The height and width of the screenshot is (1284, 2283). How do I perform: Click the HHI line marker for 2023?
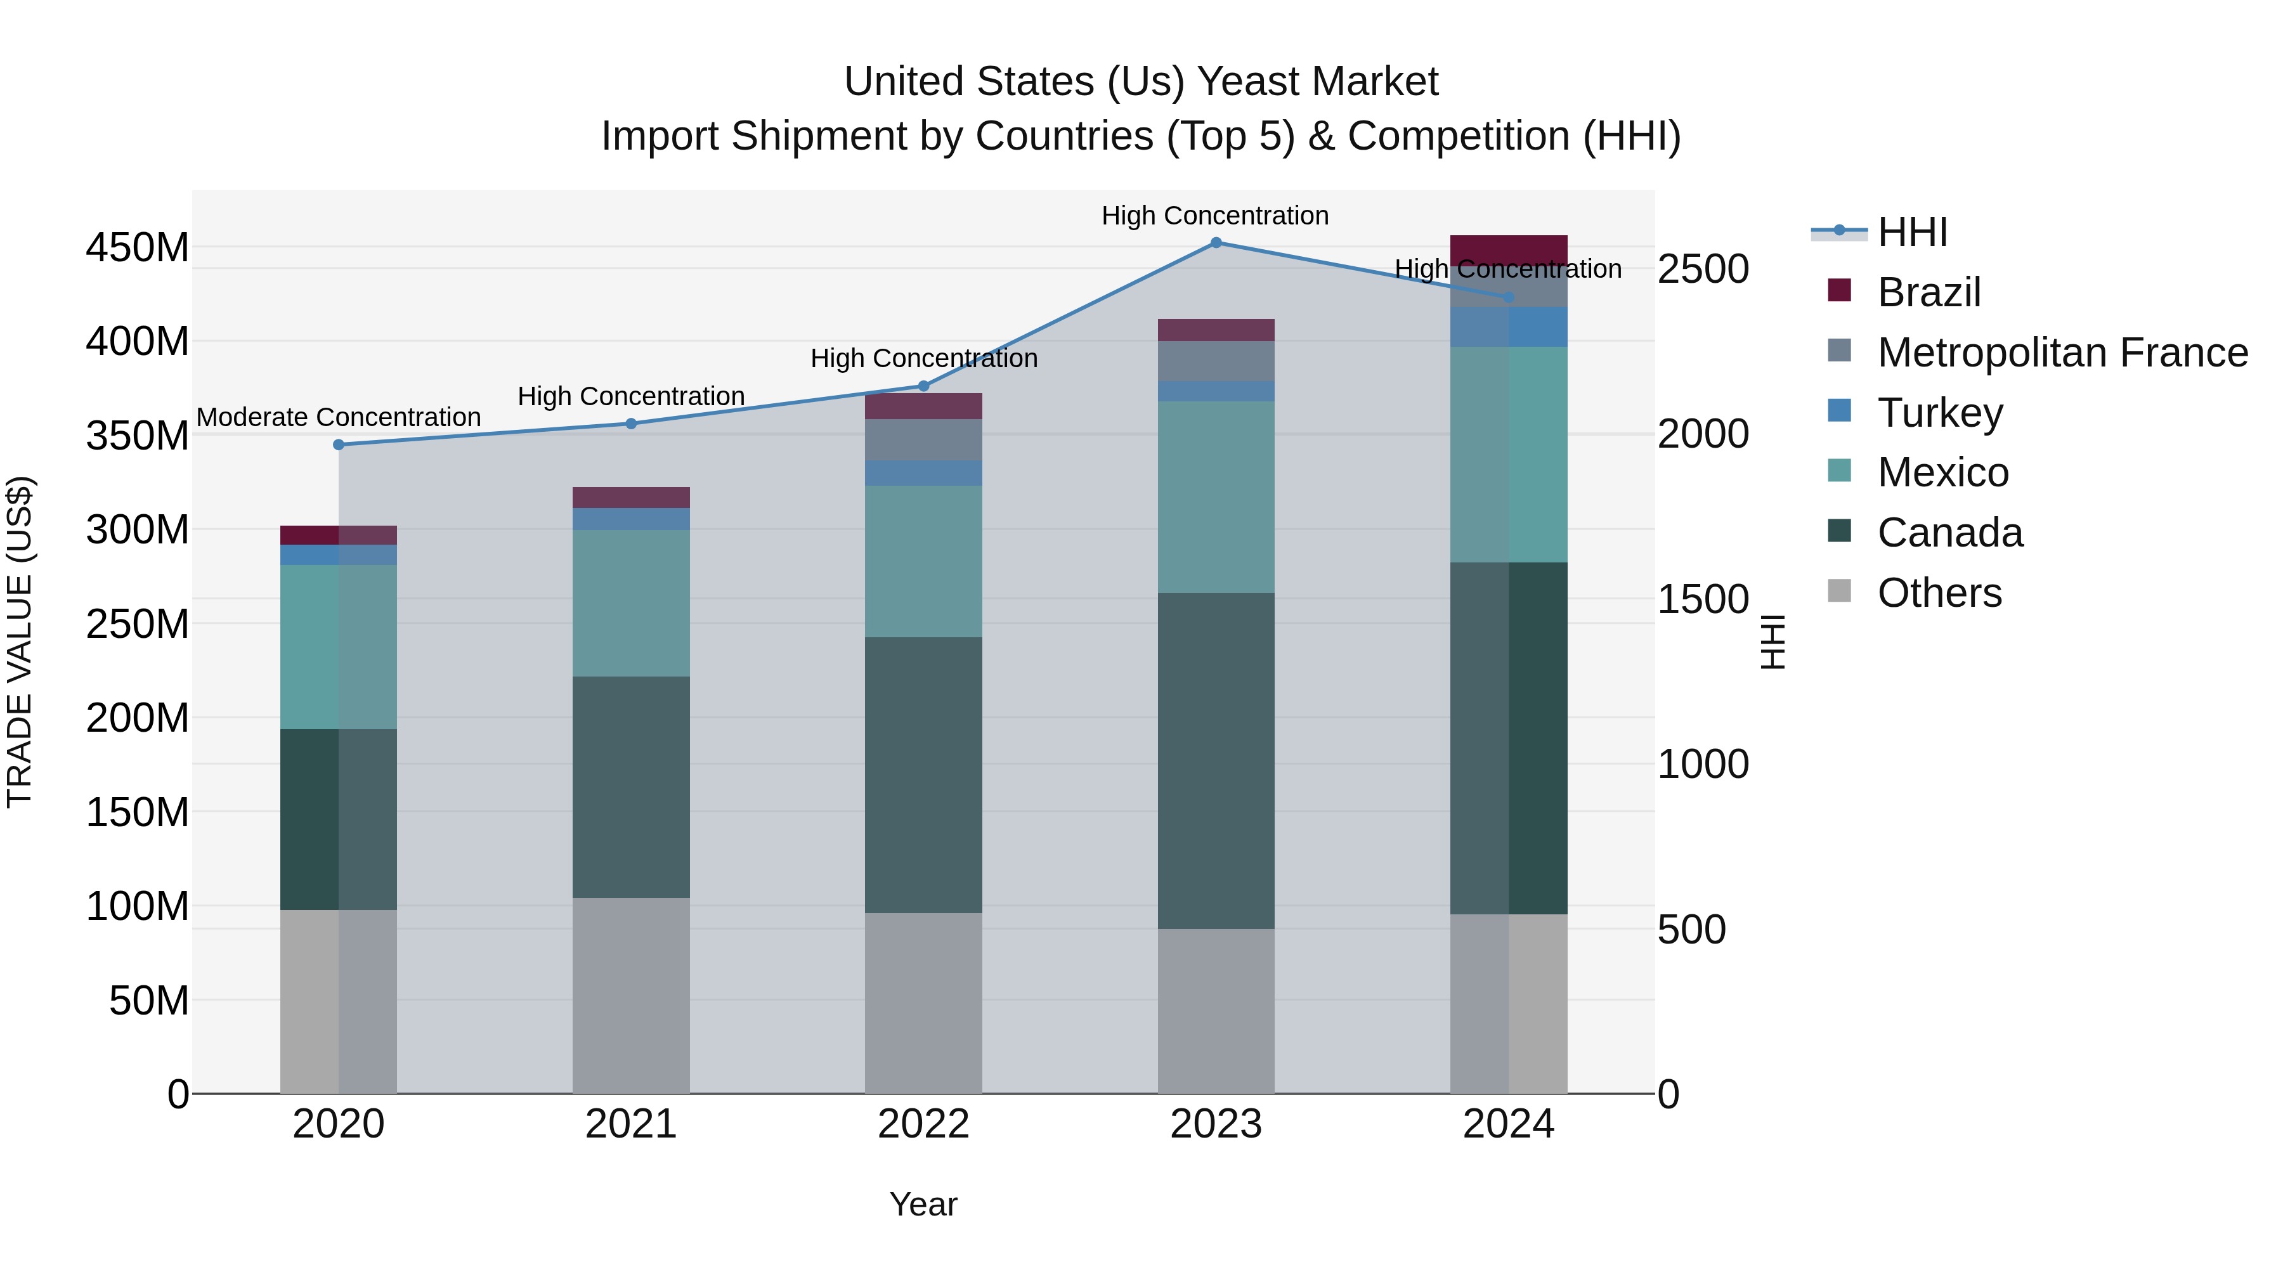pyautogui.click(x=1216, y=243)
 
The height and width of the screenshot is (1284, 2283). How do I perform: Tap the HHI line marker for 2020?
pyautogui.click(x=339, y=445)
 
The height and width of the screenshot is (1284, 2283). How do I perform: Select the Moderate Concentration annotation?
pyautogui.click(x=339, y=417)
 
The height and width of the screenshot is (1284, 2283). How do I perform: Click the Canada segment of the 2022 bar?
pyautogui.click(x=923, y=775)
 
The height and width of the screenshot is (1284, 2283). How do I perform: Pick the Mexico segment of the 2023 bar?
pyautogui.click(x=1216, y=497)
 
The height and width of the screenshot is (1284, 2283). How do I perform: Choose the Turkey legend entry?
pyautogui.click(x=1939, y=413)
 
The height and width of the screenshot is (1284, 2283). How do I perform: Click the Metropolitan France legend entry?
pyautogui.click(x=2062, y=353)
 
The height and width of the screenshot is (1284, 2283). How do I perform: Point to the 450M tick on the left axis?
pyautogui.click(x=138, y=248)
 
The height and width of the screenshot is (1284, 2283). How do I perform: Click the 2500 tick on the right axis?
pyautogui.click(x=1703, y=269)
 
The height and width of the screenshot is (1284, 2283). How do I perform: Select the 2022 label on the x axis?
pyautogui.click(x=923, y=1124)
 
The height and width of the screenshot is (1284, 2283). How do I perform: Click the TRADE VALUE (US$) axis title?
pyautogui.click(x=20, y=642)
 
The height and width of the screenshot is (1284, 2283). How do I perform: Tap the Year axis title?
pyautogui.click(x=923, y=1204)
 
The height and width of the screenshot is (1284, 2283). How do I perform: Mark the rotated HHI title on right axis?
pyautogui.click(x=1772, y=642)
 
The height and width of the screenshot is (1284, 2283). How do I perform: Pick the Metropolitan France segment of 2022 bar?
pyautogui.click(x=923, y=439)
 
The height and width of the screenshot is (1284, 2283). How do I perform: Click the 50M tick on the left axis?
pyautogui.click(x=149, y=1001)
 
